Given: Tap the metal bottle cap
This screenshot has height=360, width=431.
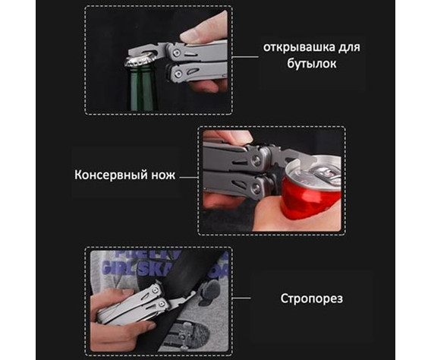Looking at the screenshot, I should coord(143,58).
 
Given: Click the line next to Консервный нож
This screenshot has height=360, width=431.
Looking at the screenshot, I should coord(188,175).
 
